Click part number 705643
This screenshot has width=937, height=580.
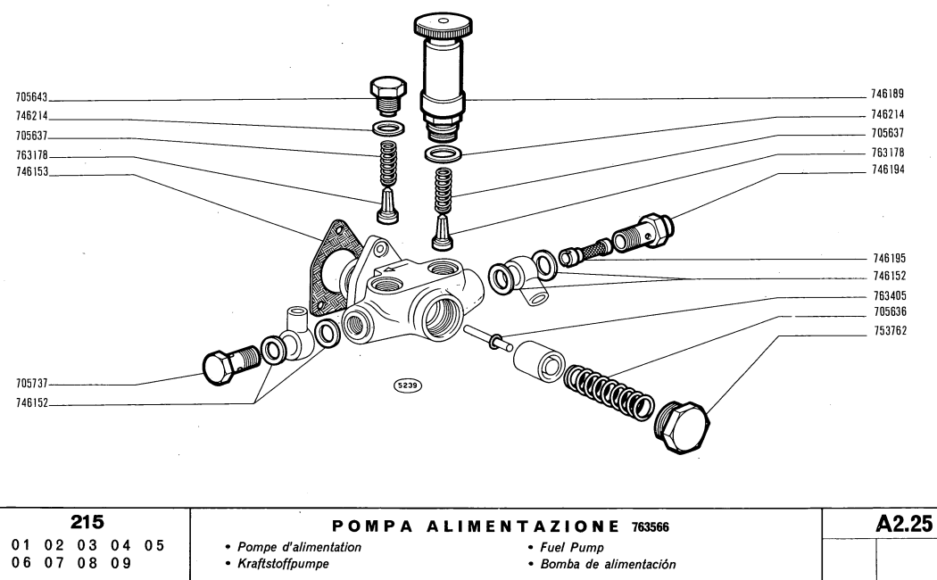click(x=33, y=98)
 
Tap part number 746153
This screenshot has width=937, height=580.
click(x=33, y=175)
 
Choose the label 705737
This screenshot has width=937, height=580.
click(x=33, y=385)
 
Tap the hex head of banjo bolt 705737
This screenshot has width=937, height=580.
click(x=220, y=368)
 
